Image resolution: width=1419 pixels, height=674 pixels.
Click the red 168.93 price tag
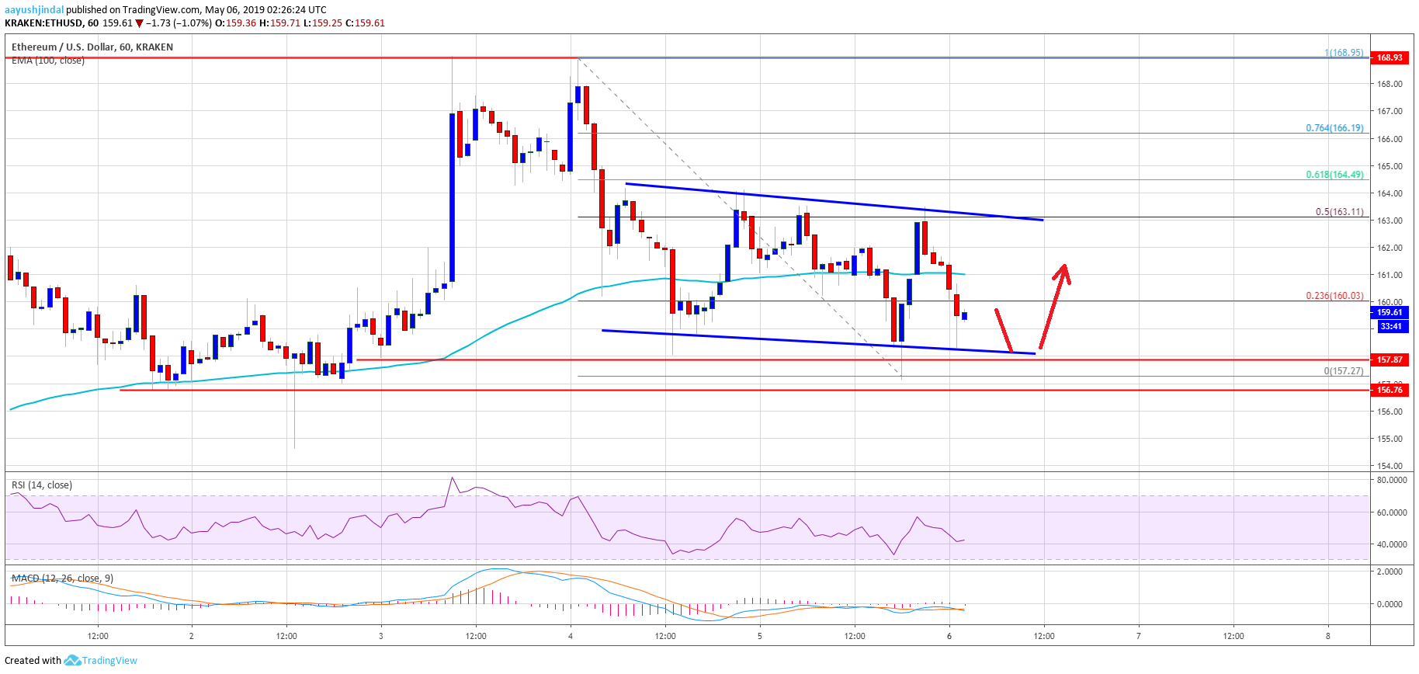[1390, 57]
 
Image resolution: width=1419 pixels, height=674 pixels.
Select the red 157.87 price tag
[1390, 360]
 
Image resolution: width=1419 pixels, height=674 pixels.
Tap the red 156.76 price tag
[1390, 390]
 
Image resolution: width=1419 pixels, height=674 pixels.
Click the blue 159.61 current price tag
[1390, 312]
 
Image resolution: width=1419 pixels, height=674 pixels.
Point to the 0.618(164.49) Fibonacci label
[1334, 175]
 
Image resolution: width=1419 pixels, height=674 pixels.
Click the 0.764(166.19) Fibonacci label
[1334, 128]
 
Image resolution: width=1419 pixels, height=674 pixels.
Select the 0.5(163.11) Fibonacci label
[1339, 212]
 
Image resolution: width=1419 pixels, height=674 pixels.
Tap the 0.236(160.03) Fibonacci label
[1334, 296]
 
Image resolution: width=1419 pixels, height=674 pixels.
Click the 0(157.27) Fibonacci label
[1343, 371]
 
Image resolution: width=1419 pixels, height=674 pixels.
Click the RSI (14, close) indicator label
[42, 485]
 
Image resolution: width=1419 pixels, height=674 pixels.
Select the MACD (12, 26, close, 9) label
[62, 578]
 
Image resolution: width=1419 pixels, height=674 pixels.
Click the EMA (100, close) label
[48, 61]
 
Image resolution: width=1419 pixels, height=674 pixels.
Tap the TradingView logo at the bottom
[100, 661]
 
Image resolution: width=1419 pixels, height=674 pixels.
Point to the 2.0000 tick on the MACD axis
[1390, 572]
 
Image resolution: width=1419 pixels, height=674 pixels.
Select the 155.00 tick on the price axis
[1390, 439]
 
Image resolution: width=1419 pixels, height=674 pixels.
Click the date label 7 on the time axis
[1139, 636]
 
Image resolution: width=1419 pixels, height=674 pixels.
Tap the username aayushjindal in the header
[34, 10]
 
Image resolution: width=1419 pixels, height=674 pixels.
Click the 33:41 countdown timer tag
[1390, 326]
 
